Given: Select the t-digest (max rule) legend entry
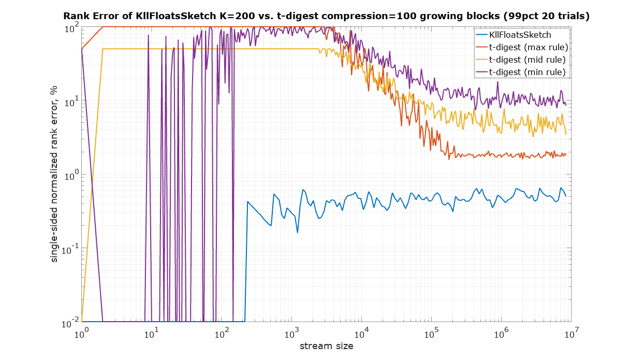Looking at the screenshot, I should coord(528,47).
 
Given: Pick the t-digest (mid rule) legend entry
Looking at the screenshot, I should coord(527,60).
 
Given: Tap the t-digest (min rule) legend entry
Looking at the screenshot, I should coord(527,71).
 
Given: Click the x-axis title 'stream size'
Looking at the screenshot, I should coord(326,345).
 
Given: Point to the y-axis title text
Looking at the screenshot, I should coord(53,174).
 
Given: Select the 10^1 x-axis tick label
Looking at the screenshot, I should coord(151,334).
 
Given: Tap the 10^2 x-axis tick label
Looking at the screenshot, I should coord(222,334).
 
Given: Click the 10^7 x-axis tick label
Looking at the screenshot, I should coord(571,334).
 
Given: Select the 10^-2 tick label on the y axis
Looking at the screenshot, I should coord(69,323).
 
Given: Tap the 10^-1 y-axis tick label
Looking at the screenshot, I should coord(69,250).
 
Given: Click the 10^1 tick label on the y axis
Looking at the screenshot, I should coord(70,102).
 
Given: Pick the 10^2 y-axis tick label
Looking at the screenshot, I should coord(70,28).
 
